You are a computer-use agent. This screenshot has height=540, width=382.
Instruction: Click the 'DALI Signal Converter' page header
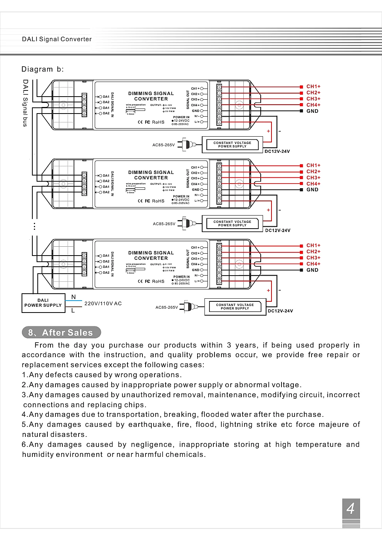pyautogui.click(x=57, y=39)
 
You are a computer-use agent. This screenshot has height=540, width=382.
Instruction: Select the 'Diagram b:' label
pyautogui.click(x=42, y=69)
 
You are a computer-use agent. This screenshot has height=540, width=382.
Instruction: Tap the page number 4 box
pyautogui.click(x=351, y=508)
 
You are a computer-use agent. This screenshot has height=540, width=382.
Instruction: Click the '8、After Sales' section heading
pyautogui.click(x=61, y=333)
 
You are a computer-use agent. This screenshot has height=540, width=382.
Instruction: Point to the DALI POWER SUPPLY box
pyautogui.click(x=43, y=303)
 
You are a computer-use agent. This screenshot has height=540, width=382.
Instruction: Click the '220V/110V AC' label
pyautogui.click(x=103, y=303)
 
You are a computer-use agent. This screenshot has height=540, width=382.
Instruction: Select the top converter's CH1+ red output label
pyautogui.click(x=313, y=87)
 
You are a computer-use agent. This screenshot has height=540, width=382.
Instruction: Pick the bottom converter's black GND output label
pyautogui.click(x=312, y=270)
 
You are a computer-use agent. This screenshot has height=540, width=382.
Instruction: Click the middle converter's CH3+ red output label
pyautogui.click(x=313, y=178)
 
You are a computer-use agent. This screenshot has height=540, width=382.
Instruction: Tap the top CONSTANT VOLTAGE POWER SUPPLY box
pyautogui.click(x=232, y=144)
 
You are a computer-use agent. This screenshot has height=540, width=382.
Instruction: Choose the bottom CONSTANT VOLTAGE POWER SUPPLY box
pyautogui.click(x=235, y=307)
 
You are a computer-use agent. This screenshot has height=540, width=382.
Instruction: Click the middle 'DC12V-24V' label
pyautogui.click(x=278, y=231)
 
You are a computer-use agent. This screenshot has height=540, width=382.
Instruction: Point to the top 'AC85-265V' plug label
pyautogui.click(x=164, y=145)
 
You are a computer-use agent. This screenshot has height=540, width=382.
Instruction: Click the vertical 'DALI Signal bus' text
pyautogui.click(x=25, y=103)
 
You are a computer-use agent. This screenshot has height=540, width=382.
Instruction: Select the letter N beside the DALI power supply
pyautogui.click(x=74, y=297)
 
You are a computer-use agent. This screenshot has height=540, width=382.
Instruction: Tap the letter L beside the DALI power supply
pyautogui.click(x=73, y=311)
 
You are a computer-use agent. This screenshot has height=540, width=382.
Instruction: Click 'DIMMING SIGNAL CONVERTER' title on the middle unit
pyautogui.click(x=151, y=175)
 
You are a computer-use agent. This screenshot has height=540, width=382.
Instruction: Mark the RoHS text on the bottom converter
pyautogui.click(x=158, y=281)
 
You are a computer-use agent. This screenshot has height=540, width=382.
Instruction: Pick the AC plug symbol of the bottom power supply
pyautogui.click(x=187, y=307)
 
